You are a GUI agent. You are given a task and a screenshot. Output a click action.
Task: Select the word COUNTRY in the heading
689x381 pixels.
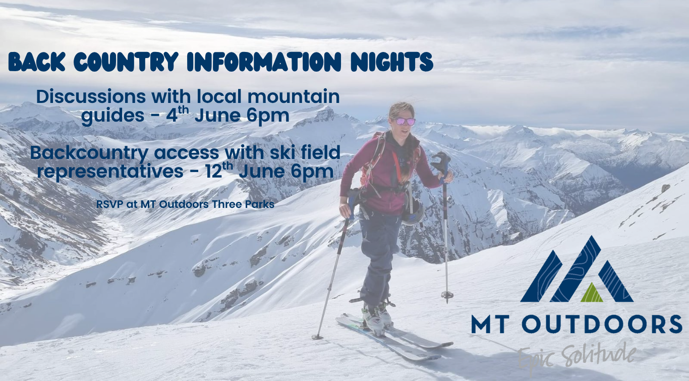pyautogui.click(x=126, y=62)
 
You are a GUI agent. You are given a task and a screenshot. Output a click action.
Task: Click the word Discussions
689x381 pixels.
pyautogui.click(x=91, y=96)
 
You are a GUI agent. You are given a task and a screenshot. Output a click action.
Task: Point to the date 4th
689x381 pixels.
pyautogui.click(x=177, y=115)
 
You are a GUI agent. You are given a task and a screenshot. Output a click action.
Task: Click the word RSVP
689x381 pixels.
pyautogui.click(x=110, y=204)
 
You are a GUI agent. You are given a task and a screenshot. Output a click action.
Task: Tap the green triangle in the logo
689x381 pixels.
pyautogui.click(x=592, y=293)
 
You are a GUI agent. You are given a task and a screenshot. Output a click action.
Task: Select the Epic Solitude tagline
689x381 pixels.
pyautogui.click(x=577, y=356)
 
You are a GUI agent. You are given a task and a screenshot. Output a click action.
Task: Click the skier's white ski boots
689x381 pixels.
pyautogui.click(x=377, y=317)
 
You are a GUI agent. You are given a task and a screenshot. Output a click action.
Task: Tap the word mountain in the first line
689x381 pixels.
pyautogui.click(x=294, y=96)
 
